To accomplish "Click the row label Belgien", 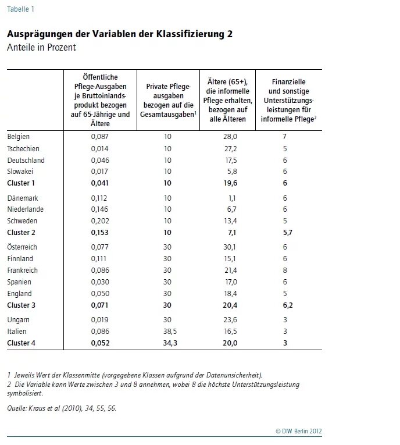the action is pos(19,137).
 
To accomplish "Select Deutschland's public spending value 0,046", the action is pos(100,161).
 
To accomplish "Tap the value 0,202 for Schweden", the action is pos(100,221).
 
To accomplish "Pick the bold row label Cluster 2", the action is pos(22,233).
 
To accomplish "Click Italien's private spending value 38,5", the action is pos(170,331).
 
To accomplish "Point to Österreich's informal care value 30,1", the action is pos(230,247).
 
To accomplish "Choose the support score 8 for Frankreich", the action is pos(285,270).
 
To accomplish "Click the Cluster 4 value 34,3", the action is pos(170,343).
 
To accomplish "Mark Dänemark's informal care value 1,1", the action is pos(232,198).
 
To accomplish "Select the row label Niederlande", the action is pos(25,209).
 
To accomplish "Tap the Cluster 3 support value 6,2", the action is pos(288,305).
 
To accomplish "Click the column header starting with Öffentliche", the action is pos(100,100).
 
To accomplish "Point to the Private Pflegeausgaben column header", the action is pos(168,100).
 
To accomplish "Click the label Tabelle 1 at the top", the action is pos(20,9).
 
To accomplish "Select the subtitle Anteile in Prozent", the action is pos(41,47).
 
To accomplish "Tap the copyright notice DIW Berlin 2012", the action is pos(299,431).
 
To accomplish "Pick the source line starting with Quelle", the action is pos(62,408).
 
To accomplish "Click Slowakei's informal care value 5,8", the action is pos(232,172).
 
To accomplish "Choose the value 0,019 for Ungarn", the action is pos(99,319).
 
